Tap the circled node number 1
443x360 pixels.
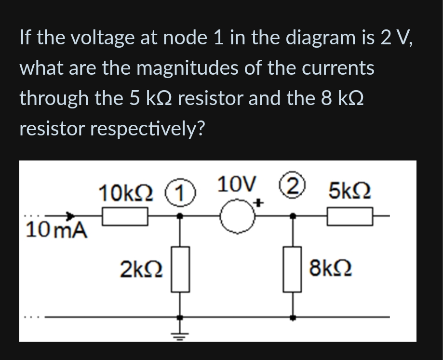[180, 194]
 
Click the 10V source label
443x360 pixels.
[236, 184]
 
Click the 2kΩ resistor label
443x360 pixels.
[141, 268]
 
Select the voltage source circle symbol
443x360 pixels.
[237, 217]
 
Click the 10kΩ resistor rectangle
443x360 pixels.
[124, 218]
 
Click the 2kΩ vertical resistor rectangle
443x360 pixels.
[180, 268]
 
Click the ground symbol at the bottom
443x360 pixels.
[180, 334]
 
